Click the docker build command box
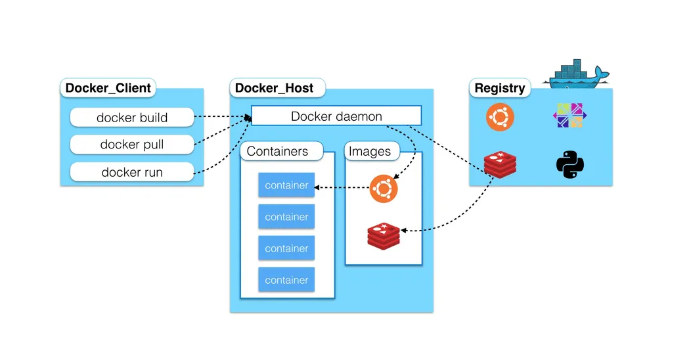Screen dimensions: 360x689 [x=132, y=118]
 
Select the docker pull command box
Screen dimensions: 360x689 [x=132, y=145]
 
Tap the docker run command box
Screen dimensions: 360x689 [x=132, y=172]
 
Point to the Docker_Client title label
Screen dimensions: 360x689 [x=108, y=87]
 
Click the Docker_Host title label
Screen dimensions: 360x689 [x=275, y=87]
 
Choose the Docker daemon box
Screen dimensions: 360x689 [x=336, y=116]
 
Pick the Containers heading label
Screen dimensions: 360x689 [x=277, y=151]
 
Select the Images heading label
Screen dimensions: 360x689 [x=370, y=151]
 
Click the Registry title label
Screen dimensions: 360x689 [x=500, y=87]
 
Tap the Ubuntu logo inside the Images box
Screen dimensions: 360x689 [x=384, y=189]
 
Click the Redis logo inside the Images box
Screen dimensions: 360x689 [x=384, y=235]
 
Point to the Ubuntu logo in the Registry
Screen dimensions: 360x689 [x=500, y=117]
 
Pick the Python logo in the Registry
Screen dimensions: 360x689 [x=569, y=164]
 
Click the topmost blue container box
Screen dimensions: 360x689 [x=286, y=185]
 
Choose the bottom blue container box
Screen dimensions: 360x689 [x=286, y=280]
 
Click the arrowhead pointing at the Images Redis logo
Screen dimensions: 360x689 [x=403, y=231]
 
